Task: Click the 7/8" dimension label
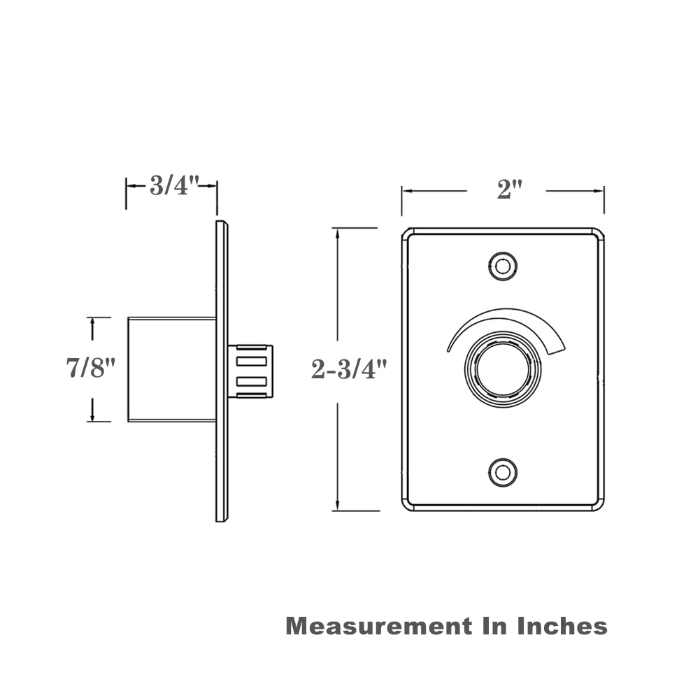90,368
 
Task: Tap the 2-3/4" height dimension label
348,369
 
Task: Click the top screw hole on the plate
502,266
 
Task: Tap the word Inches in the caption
562,625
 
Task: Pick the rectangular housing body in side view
171,369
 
